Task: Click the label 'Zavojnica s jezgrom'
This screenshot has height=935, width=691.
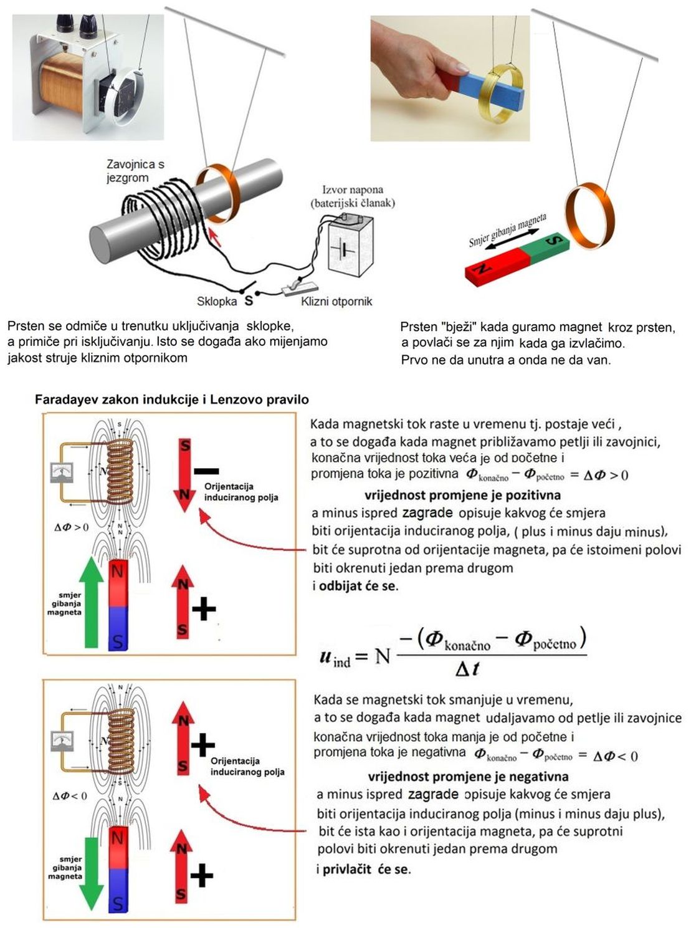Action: tap(135, 171)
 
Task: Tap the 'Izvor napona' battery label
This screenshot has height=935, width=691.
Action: tap(353, 196)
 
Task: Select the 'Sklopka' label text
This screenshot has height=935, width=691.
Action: tap(216, 301)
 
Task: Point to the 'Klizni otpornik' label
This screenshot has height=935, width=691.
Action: tap(336, 302)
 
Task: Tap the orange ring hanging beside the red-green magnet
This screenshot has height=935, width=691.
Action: tap(589, 213)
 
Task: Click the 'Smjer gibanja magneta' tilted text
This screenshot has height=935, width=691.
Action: tap(508, 230)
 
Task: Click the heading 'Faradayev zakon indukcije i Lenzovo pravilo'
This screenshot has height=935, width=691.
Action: tap(172, 400)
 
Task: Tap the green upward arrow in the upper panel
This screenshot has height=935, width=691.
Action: tap(92, 602)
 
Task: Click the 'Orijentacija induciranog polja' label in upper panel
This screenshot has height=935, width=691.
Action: tap(241, 492)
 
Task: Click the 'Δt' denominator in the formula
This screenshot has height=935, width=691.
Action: tap(467, 669)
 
